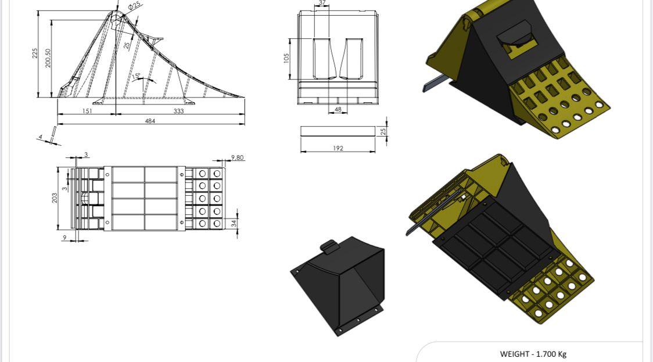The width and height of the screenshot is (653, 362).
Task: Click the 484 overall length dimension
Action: (150, 121)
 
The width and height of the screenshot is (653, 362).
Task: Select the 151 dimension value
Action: (87, 111)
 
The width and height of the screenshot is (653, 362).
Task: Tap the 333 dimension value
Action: (179, 111)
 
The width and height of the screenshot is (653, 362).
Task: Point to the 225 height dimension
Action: (35, 53)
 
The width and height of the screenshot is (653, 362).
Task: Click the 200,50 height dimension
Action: (48, 58)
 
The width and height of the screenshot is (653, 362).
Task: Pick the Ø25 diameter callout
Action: (135, 6)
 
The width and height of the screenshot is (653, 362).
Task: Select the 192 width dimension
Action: (338, 148)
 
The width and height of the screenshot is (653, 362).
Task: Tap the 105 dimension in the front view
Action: (286, 58)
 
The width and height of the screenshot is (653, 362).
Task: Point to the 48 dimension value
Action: (338, 110)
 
